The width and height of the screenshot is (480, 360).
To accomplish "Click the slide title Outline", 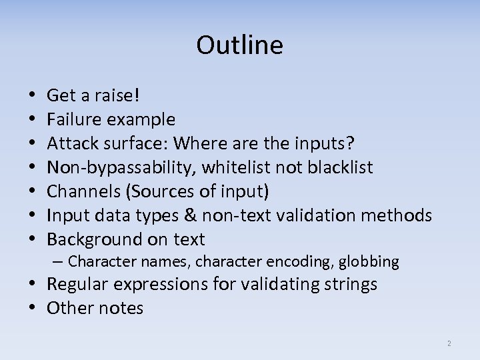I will (x=240, y=45).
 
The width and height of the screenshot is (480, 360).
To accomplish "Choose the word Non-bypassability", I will (x=119, y=168).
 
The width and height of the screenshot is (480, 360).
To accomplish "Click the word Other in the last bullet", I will (x=69, y=309).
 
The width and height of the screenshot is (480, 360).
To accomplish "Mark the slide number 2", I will (x=449, y=344).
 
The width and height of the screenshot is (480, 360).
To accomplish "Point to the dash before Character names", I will (x=59, y=261).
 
